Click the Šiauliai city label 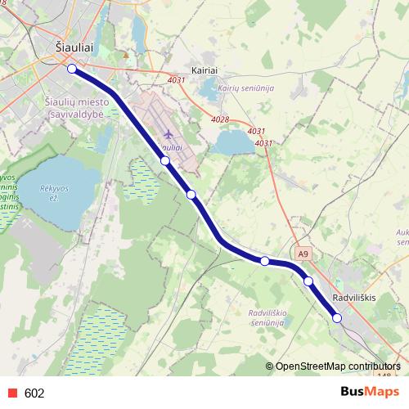click(73, 47)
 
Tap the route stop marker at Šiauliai click(72, 69)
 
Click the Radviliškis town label click(354, 299)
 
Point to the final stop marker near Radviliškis click(337, 318)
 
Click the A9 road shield click(304, 254)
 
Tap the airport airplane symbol click(169, 133)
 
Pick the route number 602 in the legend click(34, 393)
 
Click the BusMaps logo click(365, 392)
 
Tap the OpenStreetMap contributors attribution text click(339, 366)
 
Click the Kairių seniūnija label click(245, 88)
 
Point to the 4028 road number click(219, 119)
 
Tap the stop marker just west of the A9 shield click(265, 261)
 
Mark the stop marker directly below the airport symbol click(165, 161)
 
